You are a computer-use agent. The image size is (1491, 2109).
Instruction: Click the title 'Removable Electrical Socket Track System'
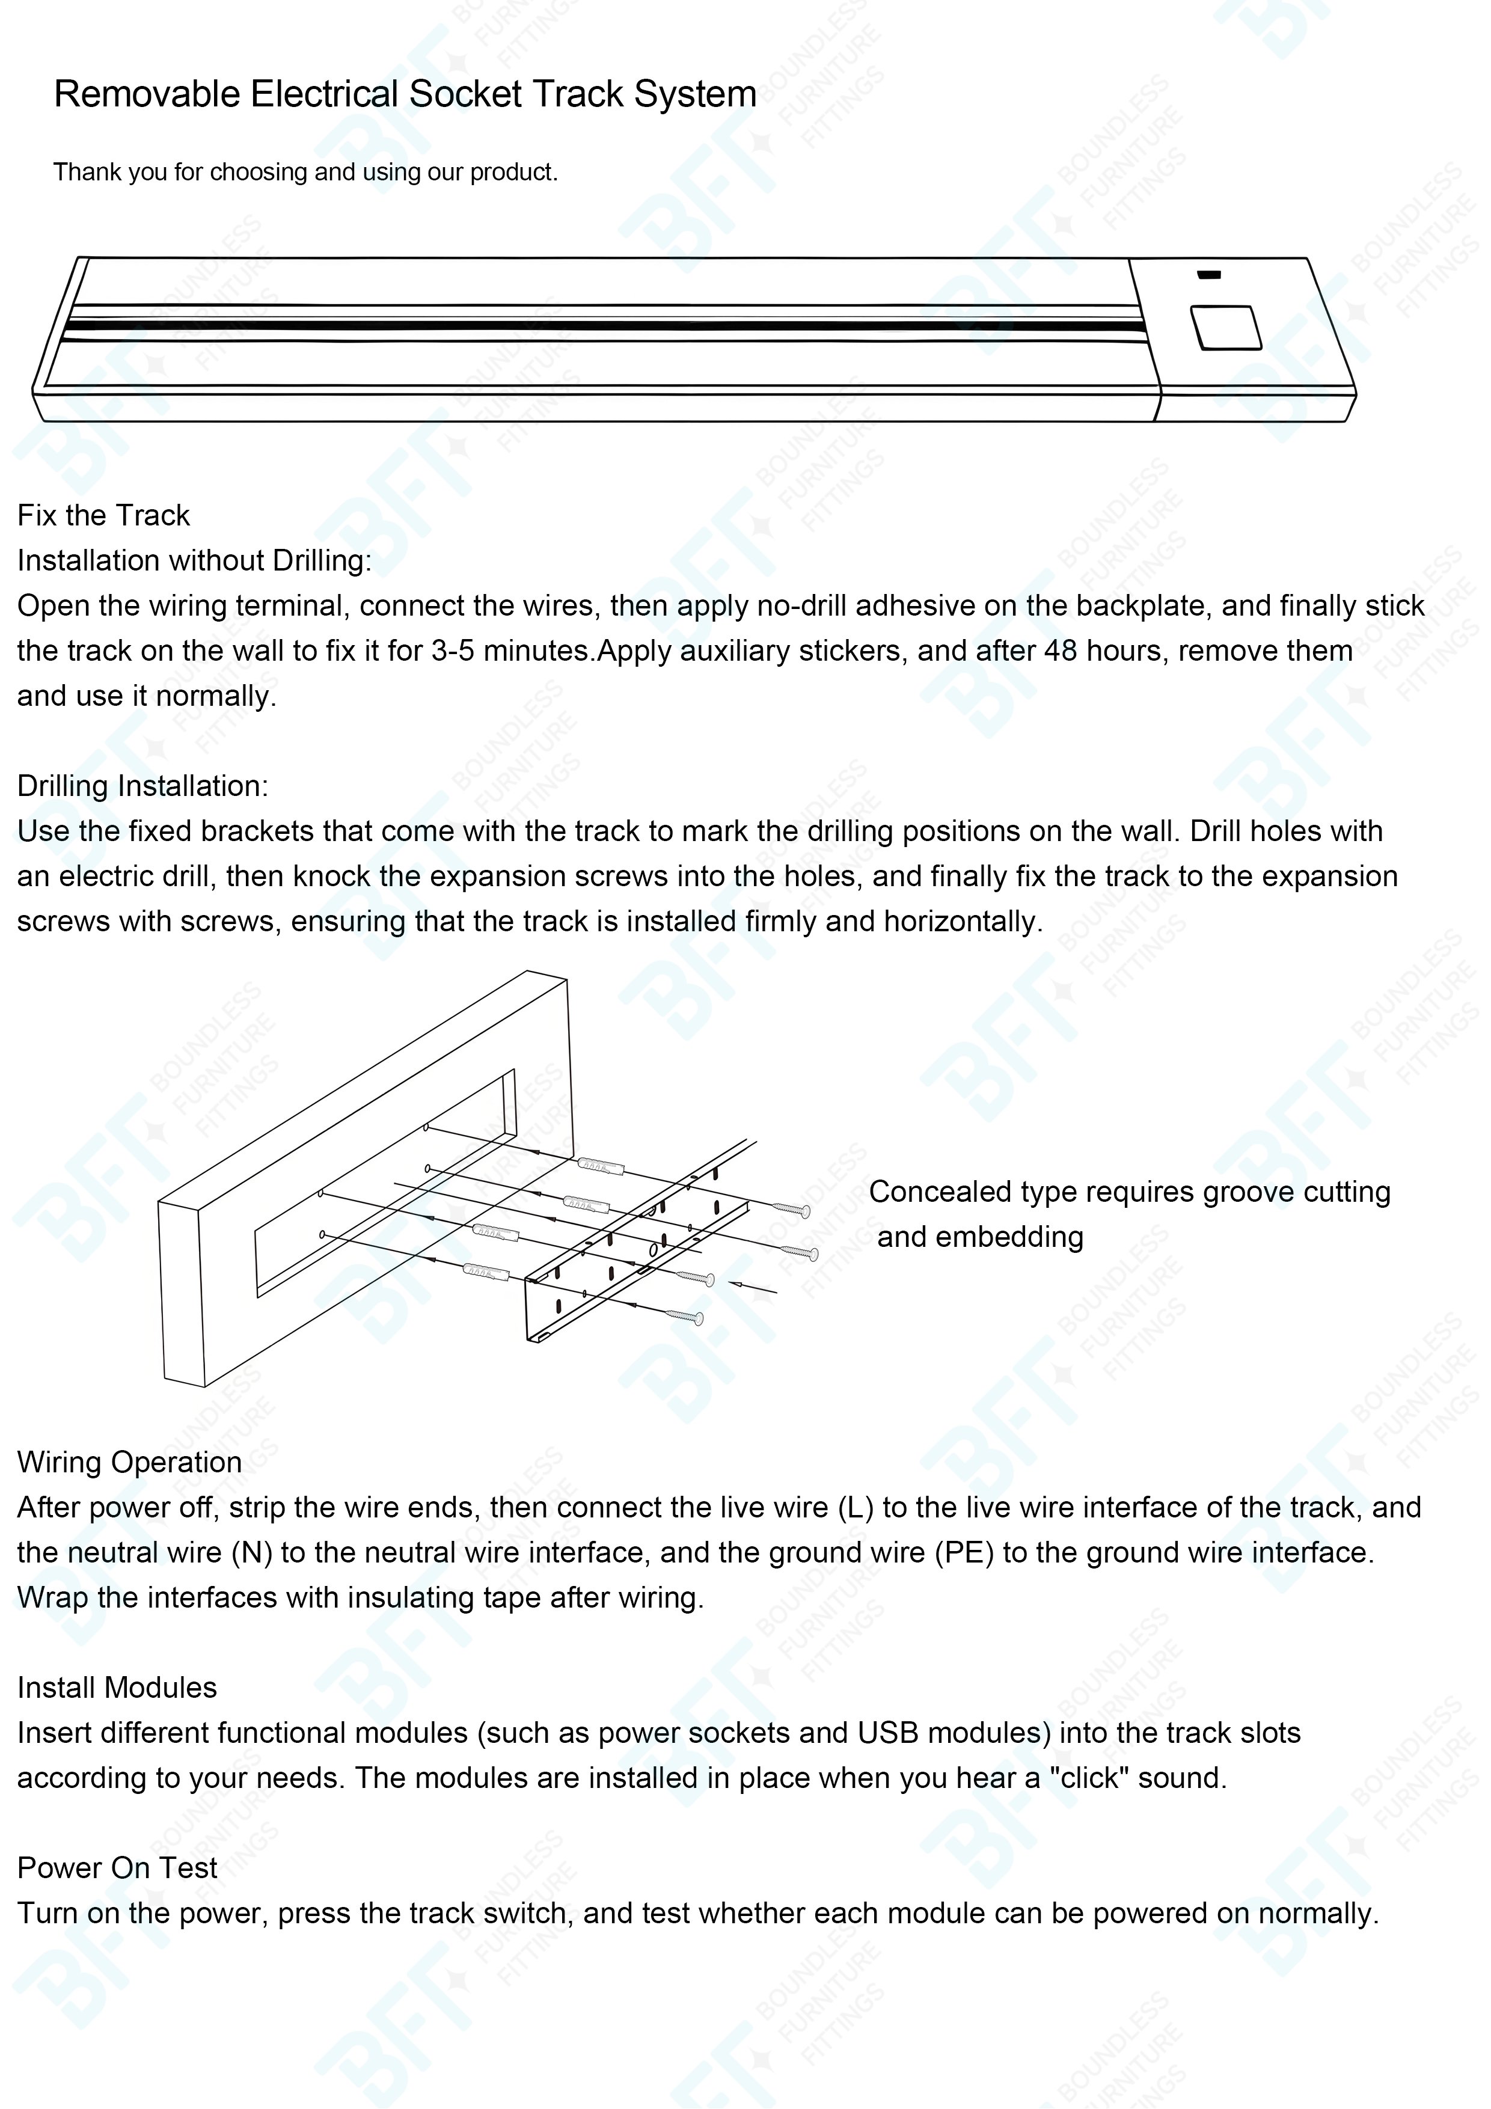click(x=405, y=94)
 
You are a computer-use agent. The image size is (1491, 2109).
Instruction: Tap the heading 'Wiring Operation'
click(x=129, y=1462)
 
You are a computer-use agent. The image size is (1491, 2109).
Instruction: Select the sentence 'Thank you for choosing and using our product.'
click(x=305, y=172)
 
